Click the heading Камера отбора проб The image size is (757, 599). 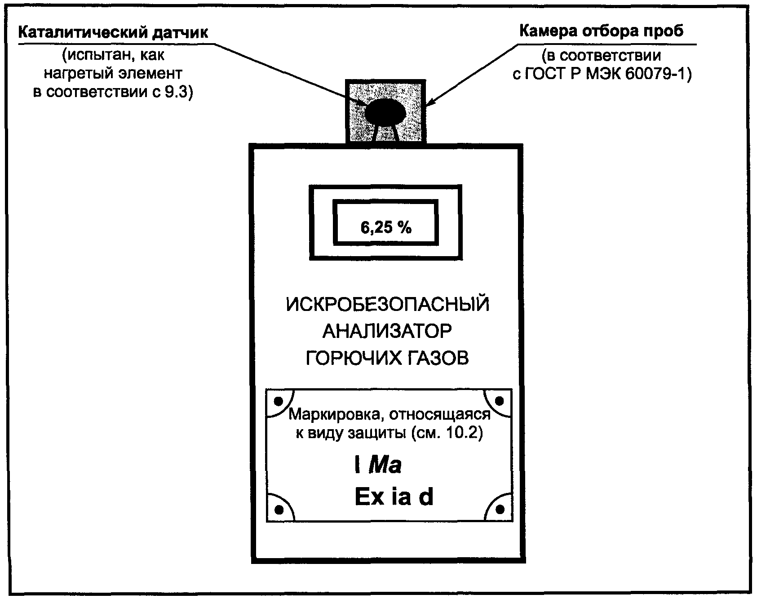pyautogui.click(x=601, y=31)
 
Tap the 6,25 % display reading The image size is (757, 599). pyautogui.click(x=386, y=228)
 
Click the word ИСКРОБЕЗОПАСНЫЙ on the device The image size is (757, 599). pyautogui.click(x=388, y=305)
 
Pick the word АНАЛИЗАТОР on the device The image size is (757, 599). pyautogui.click(x=387, y=332)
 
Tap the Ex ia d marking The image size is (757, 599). pyautogui.click(x=394, y=497)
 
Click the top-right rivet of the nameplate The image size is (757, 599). pyautogui.click(x=499, y=400)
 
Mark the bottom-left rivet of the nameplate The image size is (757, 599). pyautogui.click(x=279, y=510)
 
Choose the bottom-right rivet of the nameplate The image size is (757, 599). pyautogui.click(x=500, y=510)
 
